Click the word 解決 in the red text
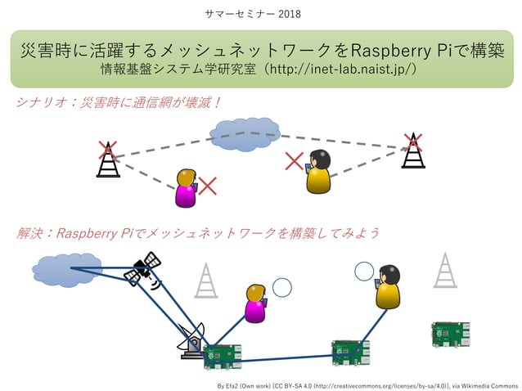[x=29, y=233]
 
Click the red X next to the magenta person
[x=208, y=187]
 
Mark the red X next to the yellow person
[x=294, y=160]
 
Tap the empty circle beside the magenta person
[x=281, y=287]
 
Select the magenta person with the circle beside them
[x=256, y=303]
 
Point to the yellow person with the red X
[x=317, y=172]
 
